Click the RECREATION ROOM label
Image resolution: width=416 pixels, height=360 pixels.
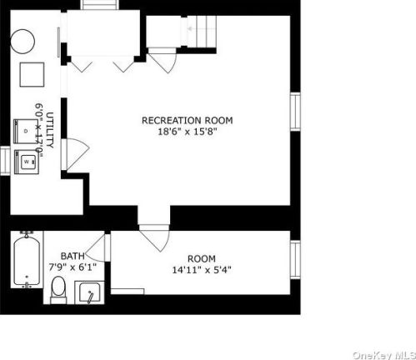point(187,121)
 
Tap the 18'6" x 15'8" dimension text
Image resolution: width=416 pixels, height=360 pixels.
point(187,132)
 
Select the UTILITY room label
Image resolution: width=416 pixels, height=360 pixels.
point(50,130)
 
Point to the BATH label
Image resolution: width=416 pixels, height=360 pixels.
point(73,256)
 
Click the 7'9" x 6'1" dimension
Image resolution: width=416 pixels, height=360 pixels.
point(73,267)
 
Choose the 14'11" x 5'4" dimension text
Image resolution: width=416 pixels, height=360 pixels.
point(202,270)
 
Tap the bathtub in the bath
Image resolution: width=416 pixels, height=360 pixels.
point(27,259)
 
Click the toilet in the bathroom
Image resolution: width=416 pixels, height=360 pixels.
point(58,290)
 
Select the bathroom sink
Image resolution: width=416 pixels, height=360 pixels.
point(89,292)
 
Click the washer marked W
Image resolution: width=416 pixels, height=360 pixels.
point(27,162)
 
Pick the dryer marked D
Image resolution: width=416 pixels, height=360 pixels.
point(26,131)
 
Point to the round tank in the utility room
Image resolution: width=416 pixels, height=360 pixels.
point(23,42)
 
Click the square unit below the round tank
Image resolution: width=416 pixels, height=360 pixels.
point(32,74)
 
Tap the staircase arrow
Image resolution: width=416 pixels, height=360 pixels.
point(190,28)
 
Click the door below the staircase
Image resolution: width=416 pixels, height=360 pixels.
point(163,61)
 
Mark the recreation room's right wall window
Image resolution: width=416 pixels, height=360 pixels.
point(295,111)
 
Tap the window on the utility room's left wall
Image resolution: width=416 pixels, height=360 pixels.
point(5,161)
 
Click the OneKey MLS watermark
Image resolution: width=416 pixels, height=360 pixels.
point(383,355)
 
